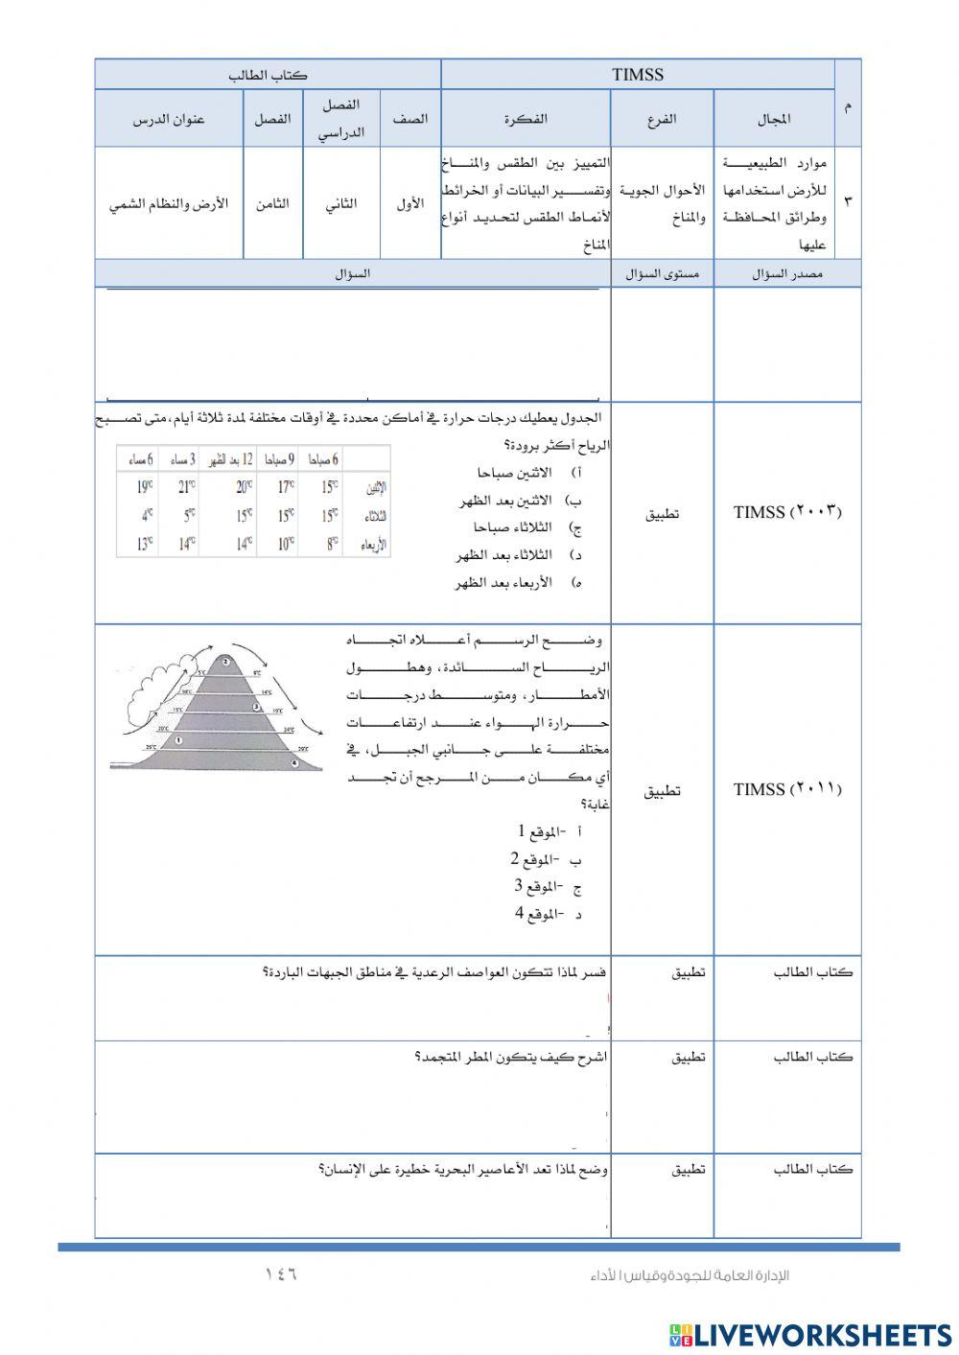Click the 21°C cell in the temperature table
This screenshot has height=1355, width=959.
[x=186, y=486]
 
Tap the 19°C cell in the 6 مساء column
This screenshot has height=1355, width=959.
[x=143, y=486]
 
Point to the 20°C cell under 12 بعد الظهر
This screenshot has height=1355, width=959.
[x=244, y=486]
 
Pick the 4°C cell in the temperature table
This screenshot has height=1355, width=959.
[x=147, y=515]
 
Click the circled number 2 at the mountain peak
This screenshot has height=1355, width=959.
[x=224, y=661]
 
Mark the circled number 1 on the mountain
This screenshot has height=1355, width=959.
[x=177, y=739]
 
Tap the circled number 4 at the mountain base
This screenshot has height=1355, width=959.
[x=294, y=763]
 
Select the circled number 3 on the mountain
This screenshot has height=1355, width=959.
[x=256, y=707]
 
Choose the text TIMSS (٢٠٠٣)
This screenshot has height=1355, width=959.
[x=786, y=512]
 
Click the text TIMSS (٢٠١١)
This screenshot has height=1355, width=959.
[x=786, y=789]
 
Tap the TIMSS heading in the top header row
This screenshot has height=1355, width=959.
[x=637, y=75]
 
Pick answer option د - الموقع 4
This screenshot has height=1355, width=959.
[x=548, y=914]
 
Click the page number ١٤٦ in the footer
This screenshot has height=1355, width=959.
[x=280, y=1274]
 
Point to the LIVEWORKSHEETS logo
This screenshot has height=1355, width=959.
[x=809, y=1334]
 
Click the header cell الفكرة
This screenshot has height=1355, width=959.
[x=526, y=119]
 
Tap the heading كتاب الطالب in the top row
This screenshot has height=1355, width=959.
[x=268, y=75]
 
